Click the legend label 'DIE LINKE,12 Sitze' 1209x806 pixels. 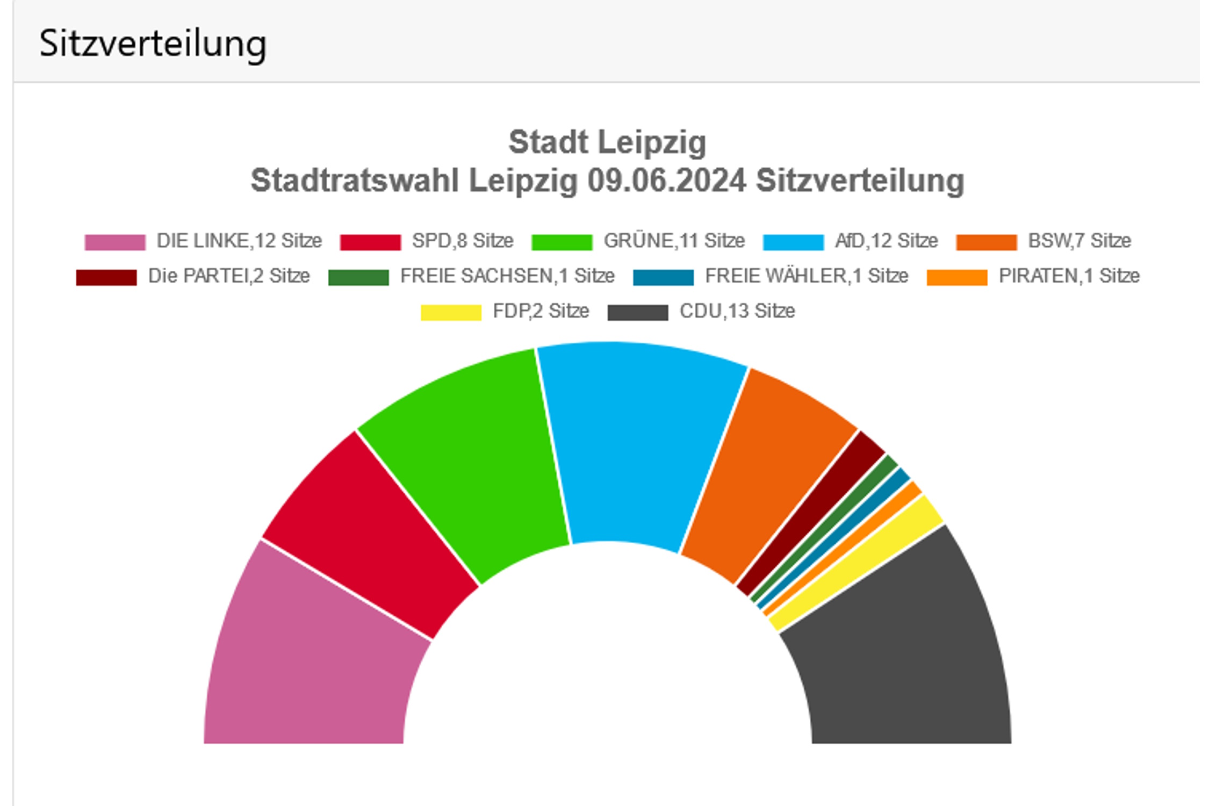[239, 241]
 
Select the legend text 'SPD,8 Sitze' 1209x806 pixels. [463, 241]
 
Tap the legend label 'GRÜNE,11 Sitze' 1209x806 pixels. [674, 241]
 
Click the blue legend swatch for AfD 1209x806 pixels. [793, 242]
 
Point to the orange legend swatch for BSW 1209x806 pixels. [987, 242]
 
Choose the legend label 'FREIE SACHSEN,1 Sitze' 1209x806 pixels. [507, 276]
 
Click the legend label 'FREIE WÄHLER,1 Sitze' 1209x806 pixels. [807, 276]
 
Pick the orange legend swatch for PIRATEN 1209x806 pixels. [957, 277]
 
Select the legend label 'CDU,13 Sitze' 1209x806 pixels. [737, 311]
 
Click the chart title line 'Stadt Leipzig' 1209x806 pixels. [607, 142]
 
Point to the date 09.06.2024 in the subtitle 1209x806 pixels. [666, 181]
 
